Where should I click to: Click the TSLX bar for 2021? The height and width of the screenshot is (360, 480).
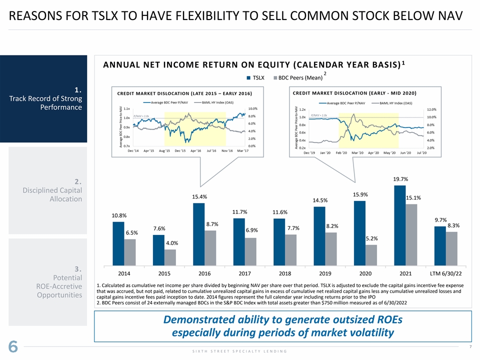[x=400, y=225]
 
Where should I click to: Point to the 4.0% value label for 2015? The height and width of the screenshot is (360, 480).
[x=172, y=243]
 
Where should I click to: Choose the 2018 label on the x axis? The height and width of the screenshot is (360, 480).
[x=284, y=274]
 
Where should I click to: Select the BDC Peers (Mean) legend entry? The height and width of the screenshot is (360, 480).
[x=297, y=78]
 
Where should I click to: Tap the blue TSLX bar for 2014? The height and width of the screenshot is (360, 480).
[x=118, y=243]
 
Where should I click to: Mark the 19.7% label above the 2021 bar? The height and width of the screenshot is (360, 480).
[x=400, y=179]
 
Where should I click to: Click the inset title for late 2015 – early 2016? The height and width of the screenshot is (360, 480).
[x=184, y=93]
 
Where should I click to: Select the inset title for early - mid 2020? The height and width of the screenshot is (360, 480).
[x=354, y=92]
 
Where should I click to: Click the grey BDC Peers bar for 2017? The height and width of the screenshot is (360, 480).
[x=250, y=251]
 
